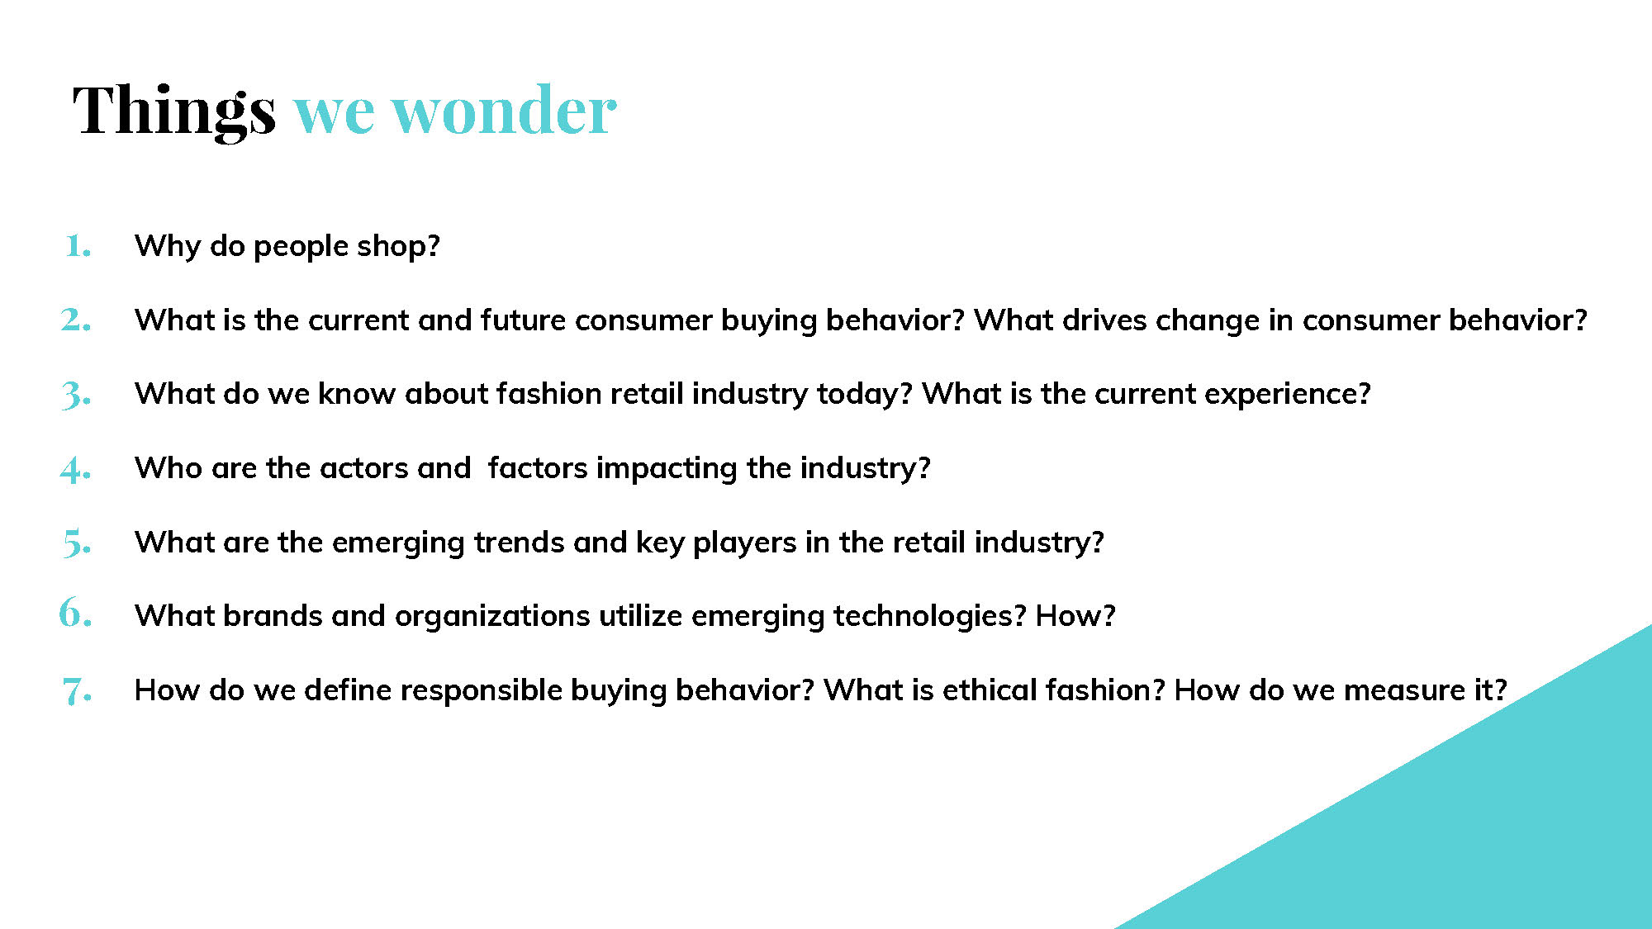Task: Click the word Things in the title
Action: click(x=174, y=111)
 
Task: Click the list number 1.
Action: click(x=78, y=245)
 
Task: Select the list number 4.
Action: click(x=75, y=469)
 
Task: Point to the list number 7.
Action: click(x=77, y=690)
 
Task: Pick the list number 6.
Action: click(x=75, y=613)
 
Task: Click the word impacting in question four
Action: click(x=667, y=469)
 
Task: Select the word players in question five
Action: click(x=745, y=543)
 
